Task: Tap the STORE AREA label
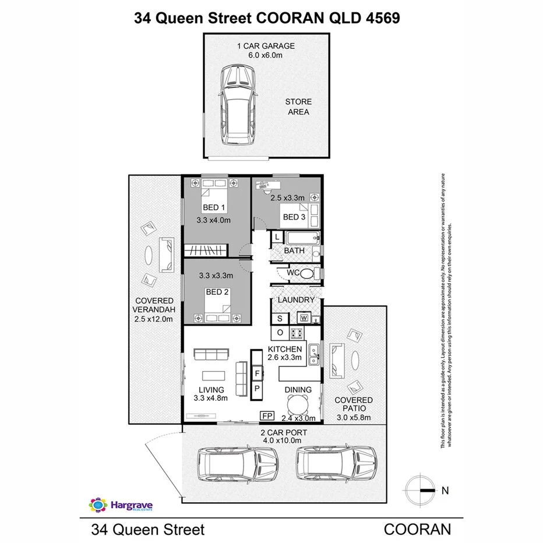[298, 107]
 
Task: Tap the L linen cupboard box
[277, 238]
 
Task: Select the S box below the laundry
[280, 318]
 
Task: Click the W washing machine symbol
[303, 318]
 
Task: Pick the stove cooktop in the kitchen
[297, 333]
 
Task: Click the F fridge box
[257, 371]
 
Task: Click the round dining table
[298, 403]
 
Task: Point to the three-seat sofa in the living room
[211, 354]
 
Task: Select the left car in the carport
[238, 463]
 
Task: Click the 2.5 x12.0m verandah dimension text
[154, 319]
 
